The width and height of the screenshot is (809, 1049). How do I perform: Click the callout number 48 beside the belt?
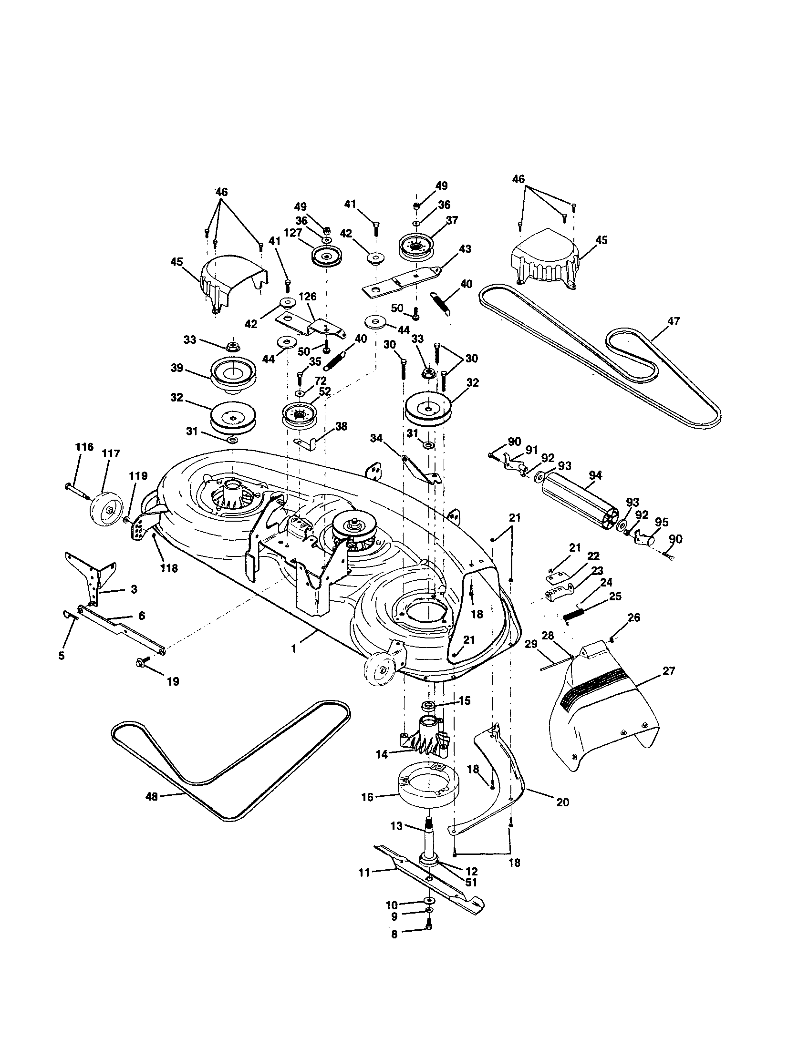151,796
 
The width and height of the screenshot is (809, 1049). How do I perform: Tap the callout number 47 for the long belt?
674,321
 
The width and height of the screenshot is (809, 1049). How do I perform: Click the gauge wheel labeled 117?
106,511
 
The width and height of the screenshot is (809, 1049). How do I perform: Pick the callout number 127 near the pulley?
306,233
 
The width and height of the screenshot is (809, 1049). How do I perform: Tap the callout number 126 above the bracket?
308,297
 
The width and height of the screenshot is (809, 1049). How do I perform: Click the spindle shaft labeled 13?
428,842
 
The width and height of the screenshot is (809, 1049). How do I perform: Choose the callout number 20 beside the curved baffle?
562,802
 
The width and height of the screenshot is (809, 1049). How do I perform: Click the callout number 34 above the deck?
377,438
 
